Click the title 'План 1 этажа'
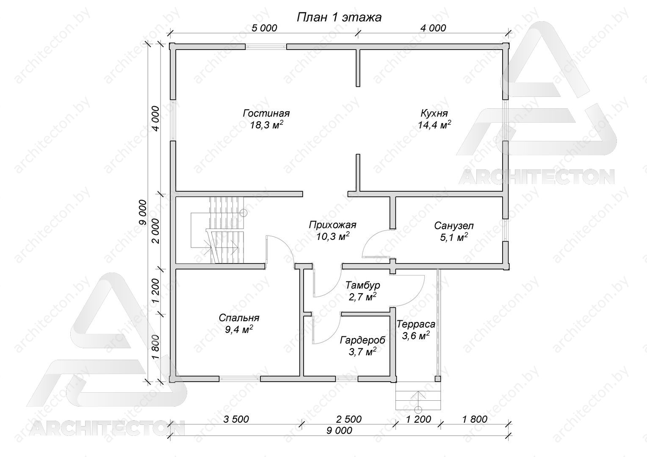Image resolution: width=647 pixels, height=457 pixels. [339, 17]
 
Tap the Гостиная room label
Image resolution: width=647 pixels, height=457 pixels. [266, 113]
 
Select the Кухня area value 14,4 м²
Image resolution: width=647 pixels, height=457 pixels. [434, 125]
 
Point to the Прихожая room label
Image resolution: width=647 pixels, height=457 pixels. [332, 225]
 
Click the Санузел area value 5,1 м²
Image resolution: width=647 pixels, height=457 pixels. [454, 237]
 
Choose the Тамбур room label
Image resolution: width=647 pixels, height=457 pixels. [363, 285]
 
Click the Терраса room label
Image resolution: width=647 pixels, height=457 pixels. [416, 324]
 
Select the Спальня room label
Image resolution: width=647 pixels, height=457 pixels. [239, 318]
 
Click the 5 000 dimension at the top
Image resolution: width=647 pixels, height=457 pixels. [264, 28]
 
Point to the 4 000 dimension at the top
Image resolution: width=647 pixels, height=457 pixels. [433, 28]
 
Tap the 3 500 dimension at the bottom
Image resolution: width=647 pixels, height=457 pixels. [236, 419]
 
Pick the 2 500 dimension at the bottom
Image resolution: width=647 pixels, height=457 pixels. [348, 419]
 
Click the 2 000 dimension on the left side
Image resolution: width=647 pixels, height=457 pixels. [155, 231]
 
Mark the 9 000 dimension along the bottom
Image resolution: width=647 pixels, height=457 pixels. [340, 430]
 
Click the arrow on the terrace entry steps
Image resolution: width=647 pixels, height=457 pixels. [418, 399]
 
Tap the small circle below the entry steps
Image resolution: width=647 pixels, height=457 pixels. [418, 409]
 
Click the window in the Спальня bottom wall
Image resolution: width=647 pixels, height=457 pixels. [239, 378]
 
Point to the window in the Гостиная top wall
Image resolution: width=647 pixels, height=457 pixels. [266, 47]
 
